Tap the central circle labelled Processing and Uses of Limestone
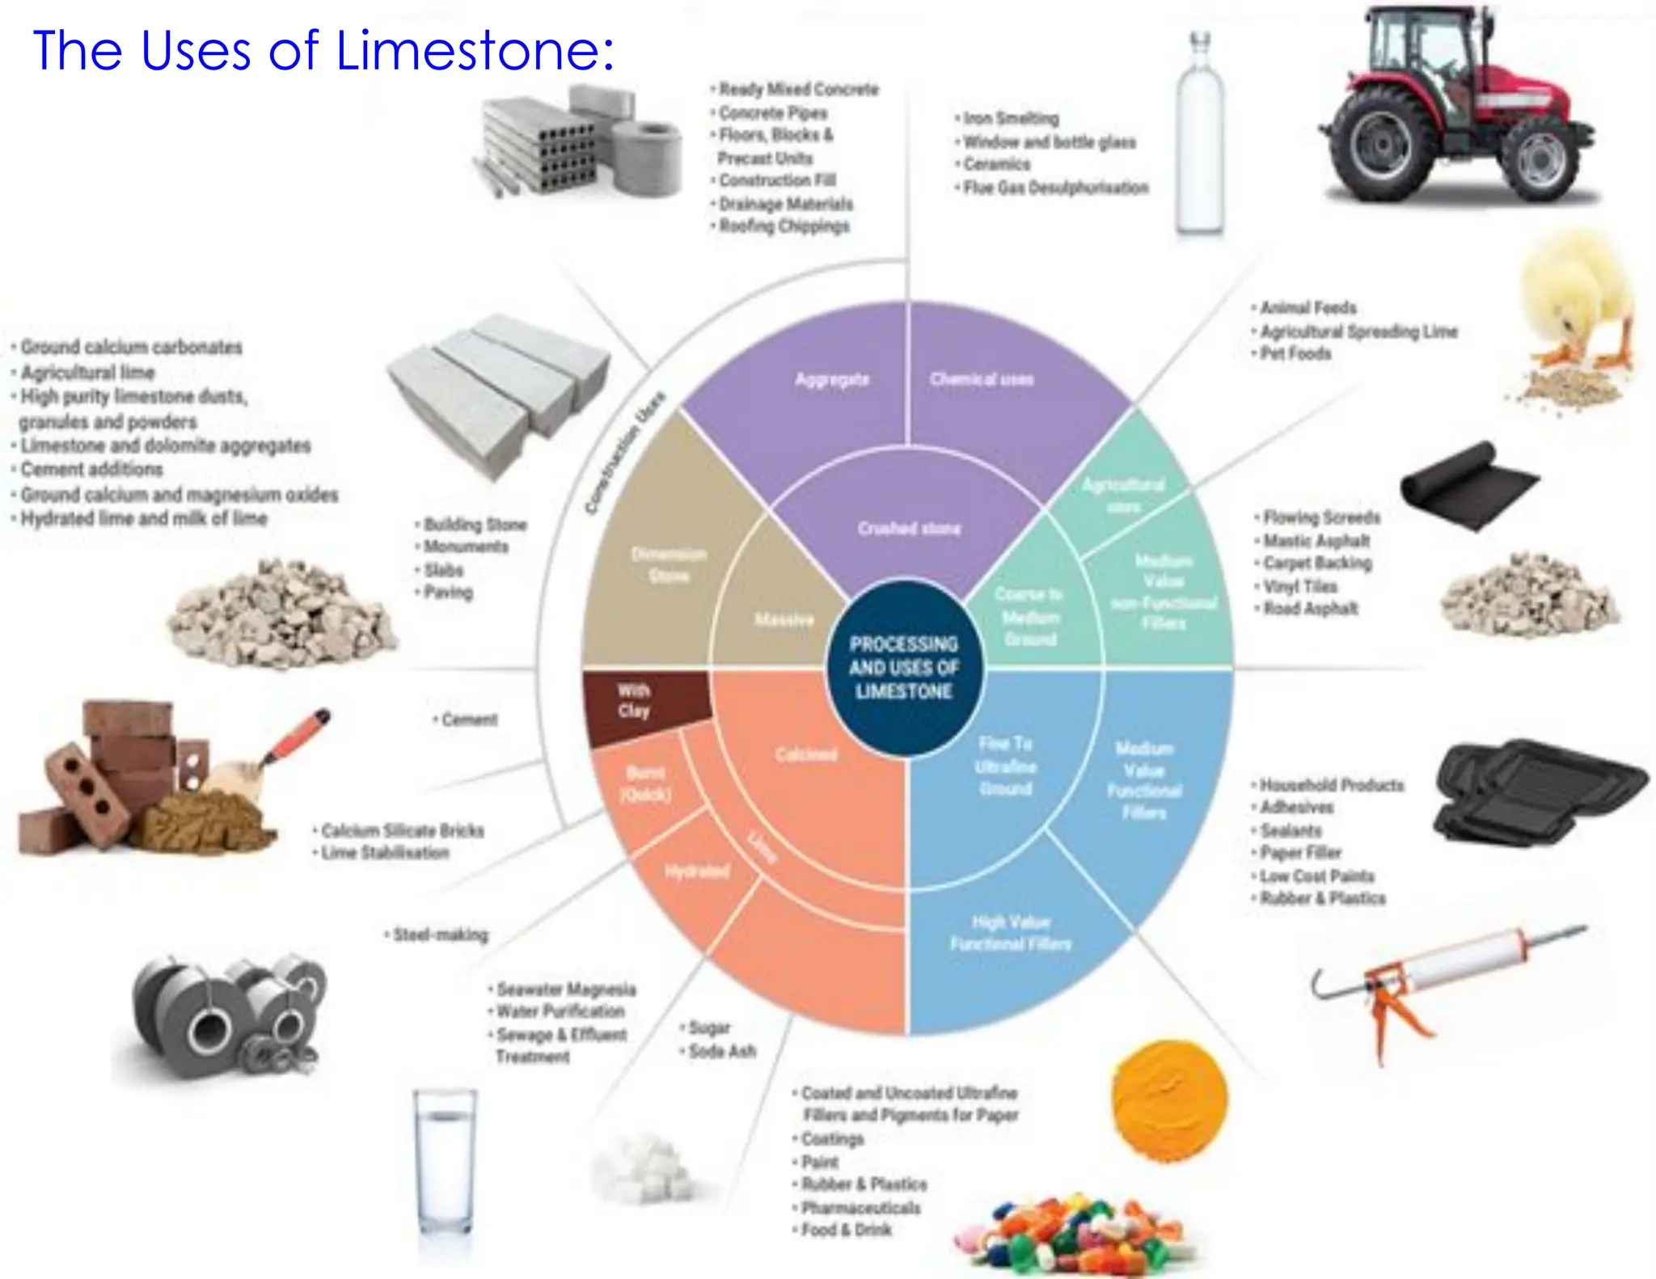(x=904, y=668)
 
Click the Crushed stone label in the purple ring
(x=909, y=529)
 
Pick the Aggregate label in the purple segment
(x=831, y=379)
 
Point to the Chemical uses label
(x=981, y=379)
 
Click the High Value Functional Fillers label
(x=1010, y=933)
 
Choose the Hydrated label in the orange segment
(x=697, y=871)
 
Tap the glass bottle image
(x=1199, y=137)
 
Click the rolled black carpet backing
(x=1468, y=485)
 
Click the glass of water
(x=445, y=1164)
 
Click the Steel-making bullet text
(x=440, y=935)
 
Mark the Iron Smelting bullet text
(x=1011, y=118)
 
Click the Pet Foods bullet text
(x=1295, y=353)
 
